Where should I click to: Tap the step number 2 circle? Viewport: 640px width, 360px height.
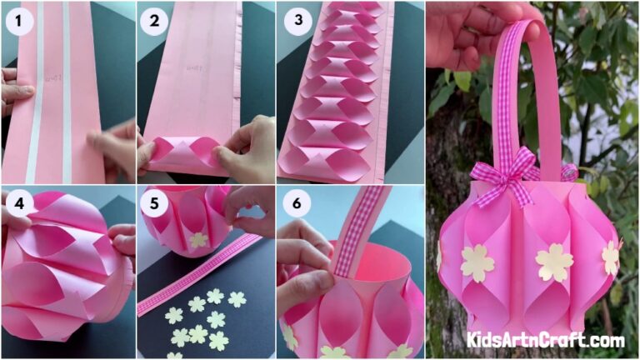(x=154, y=22)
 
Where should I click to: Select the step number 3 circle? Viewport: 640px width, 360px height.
(x=293, y=22)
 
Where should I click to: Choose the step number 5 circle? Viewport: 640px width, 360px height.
(x=154, y=203)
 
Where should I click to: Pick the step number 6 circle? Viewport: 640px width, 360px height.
(x=293, y=203)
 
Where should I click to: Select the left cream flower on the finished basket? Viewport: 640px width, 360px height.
(x=477, y=262)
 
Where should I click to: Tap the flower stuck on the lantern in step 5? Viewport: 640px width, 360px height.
(x=198, y=239)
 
